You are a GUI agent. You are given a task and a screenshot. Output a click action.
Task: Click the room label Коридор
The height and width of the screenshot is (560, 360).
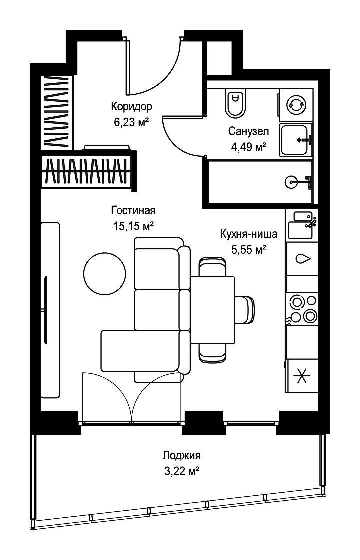[x=132, y=106]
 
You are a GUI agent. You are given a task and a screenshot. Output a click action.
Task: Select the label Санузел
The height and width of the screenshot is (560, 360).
[x=249, y=131]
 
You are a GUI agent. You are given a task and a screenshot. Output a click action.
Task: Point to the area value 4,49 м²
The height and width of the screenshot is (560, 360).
[x=249, y=147]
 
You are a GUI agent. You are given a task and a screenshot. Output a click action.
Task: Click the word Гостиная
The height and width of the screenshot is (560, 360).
[x=133, y=210]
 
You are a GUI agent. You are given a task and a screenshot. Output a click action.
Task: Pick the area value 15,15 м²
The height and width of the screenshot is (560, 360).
[x=133, y=226]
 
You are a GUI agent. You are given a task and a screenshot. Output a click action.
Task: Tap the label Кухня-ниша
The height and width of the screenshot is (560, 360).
[x=248, y=234]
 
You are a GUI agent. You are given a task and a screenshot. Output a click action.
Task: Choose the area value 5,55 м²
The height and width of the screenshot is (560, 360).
[x=249, y=250]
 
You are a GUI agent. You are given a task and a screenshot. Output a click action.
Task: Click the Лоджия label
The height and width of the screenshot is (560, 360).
[x=182, y=455]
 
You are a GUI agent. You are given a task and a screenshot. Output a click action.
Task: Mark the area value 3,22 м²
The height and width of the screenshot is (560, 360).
[x=182, y=471]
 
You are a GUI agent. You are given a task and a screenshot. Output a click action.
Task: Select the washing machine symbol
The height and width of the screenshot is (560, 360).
[x=296, y=105]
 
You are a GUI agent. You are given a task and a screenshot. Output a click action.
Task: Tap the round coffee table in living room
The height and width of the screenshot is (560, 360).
[x=104, y=273]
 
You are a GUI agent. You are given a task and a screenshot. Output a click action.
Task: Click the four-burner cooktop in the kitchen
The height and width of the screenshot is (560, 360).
[x=302, y=308]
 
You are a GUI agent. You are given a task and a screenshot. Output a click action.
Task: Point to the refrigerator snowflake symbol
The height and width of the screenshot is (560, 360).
[x=302, y=376]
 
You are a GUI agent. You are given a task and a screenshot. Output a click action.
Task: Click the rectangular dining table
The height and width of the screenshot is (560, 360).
[x=213, y=310]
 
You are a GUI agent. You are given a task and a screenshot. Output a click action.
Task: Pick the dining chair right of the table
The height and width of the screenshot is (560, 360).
[x=245, y=310]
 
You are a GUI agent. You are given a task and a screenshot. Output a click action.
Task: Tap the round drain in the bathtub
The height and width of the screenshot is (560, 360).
[x=290, y=182]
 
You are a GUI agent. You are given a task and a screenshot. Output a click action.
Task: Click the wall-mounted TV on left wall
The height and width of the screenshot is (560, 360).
[x=45, y=310]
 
